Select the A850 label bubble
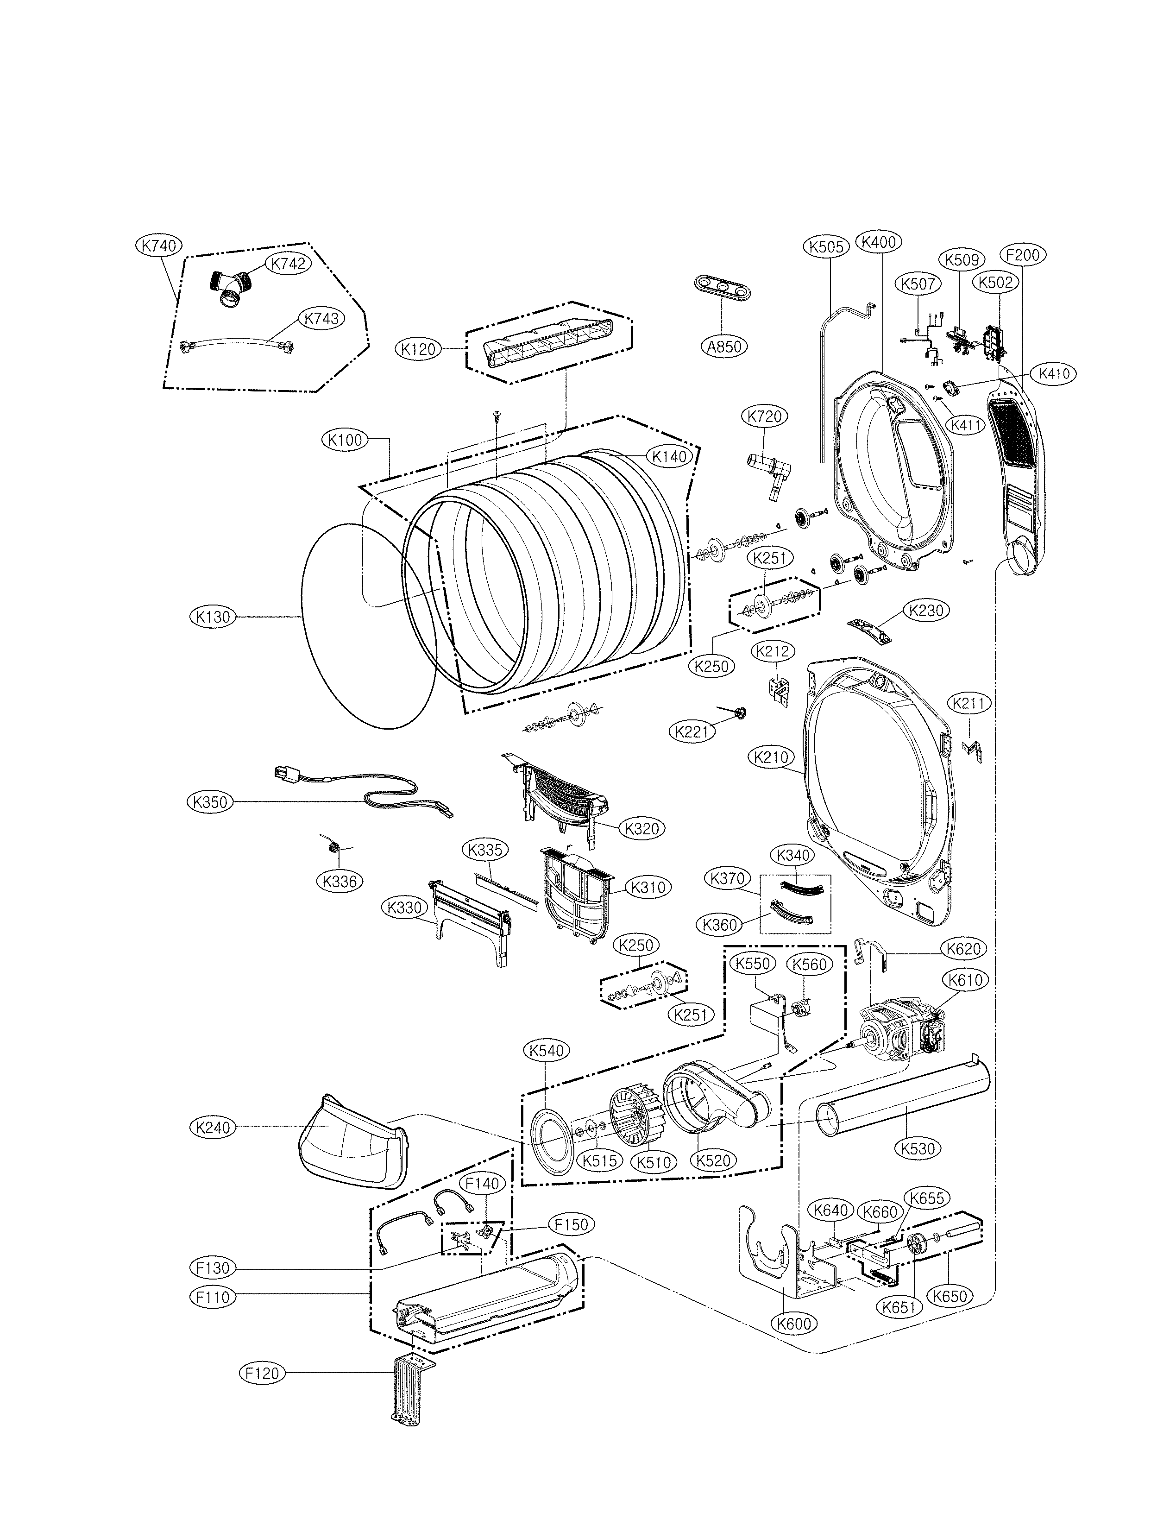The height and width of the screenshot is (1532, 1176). (724, 346)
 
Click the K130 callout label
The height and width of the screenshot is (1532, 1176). (213, 617)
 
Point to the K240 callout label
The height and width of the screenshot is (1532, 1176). (213, 1127)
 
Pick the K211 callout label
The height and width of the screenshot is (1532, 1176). (969, 704)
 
